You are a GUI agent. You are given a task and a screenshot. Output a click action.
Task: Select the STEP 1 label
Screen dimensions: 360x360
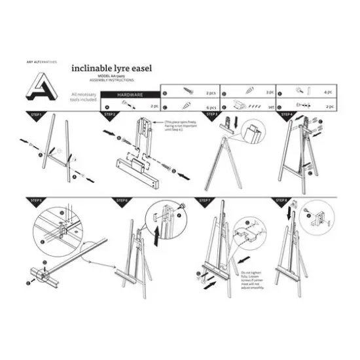pyautogui.click(x=37, y=115)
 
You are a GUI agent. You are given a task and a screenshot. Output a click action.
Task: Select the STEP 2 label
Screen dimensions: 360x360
pyautogui.click(x=109, y=115)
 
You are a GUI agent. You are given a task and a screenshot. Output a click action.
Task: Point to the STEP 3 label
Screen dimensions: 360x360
pyautogui.click(x=211, y=115)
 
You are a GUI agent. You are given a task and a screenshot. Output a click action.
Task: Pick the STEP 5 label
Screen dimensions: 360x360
pyautogui.click(x=37, y=200)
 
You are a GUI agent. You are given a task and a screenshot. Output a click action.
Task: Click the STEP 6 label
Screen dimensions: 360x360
pyautogui.click(x=122, y=200)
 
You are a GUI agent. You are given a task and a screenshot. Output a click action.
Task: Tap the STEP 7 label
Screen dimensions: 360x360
pyautogui.click(x=205, y=200)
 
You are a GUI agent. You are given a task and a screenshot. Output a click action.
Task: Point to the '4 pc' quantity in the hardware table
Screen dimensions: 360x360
pyautogui.click(x=329, y=94)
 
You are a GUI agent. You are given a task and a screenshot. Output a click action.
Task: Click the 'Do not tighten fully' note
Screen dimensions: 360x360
pyautogui.click(x=252, y=276)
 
